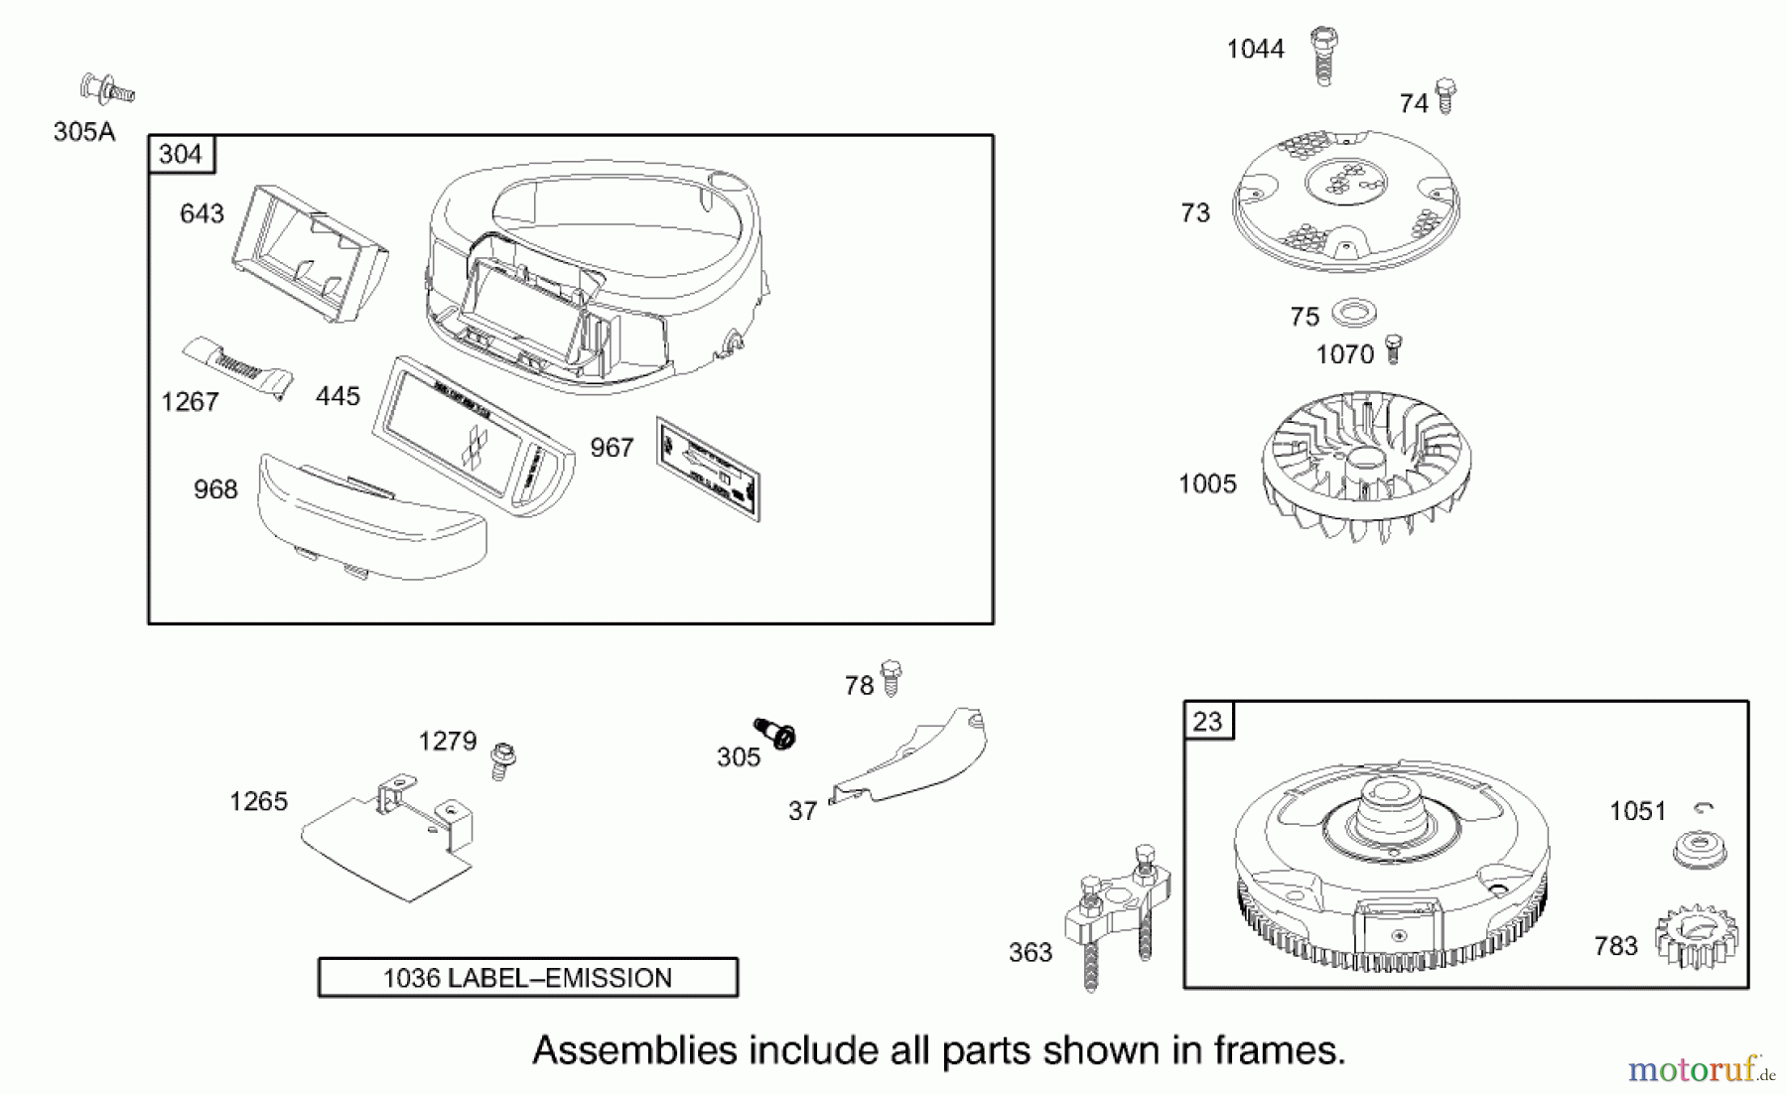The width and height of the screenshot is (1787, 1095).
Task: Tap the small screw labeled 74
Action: click(1445, 95)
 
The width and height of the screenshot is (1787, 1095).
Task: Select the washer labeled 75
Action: click(1354, 314)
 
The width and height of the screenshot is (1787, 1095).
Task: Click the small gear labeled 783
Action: click(1696, 936)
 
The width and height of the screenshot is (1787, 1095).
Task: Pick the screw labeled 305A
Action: click(107, 89)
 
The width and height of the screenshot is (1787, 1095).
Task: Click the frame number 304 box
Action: click(181, 155)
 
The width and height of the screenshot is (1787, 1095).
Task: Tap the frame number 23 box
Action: click(1208, 721)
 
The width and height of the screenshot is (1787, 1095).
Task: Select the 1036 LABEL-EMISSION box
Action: click(527, 978)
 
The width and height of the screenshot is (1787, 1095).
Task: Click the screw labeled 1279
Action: click(503, 759)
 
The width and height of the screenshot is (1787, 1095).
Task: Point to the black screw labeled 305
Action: click(775, 734)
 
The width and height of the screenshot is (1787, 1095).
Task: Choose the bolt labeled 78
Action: click(891, 678)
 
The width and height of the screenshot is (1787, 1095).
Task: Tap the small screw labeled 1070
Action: click(1393, 348)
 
